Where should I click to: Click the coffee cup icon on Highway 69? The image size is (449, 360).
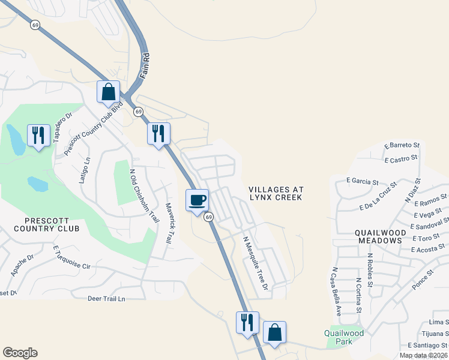tap(197, 200)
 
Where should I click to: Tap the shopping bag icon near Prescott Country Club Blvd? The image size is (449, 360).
tap(109, 92)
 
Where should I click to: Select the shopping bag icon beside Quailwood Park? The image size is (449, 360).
tap(274, 333)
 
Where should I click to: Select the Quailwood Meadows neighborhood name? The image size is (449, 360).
tap(378, 236)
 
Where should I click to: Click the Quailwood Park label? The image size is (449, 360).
tap(344, 337)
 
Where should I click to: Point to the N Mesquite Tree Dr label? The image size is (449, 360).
tap(255, 263)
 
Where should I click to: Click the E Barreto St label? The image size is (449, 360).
tap(402, 146)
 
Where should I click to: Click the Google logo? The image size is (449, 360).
tap(20, 353)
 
